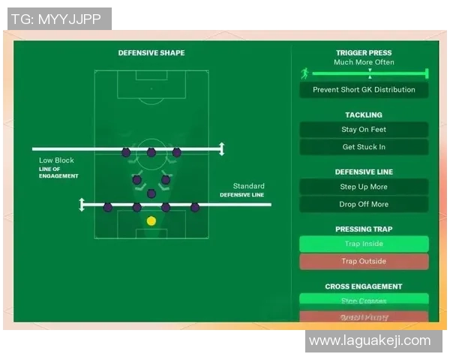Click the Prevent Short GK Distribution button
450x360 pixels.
364,90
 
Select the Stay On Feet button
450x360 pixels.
364,130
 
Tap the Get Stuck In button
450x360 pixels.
364,147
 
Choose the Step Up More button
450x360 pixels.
364,187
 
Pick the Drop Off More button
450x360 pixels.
364,204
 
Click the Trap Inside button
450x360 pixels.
364,244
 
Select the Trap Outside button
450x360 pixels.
364,262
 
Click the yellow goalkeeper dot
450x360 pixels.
151,220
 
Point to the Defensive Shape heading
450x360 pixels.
151,53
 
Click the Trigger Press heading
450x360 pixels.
364,53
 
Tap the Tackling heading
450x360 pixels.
364,115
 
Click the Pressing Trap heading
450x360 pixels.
364,229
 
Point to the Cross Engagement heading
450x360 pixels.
364,286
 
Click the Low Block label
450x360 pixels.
57,160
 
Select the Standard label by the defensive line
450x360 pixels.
248,186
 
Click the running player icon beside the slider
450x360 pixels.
304,73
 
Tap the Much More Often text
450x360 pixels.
364,62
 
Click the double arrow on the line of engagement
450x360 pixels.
220,148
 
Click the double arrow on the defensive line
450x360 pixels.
82,204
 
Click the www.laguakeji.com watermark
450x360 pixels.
370,341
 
